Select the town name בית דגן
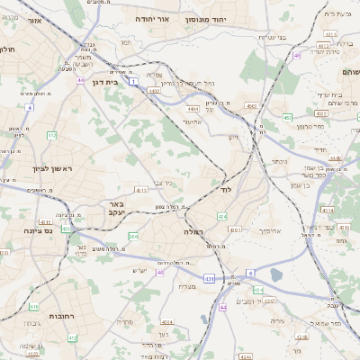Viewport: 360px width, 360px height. [105, 82]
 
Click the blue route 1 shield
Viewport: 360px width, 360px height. [132, 82]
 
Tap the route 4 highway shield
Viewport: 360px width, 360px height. [29, 107]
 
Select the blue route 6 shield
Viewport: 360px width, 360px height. [252, 271]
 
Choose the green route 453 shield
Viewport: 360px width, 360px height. [287, 117]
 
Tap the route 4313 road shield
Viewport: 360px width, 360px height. [141, 190]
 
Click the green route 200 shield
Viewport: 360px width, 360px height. [133, 236]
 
